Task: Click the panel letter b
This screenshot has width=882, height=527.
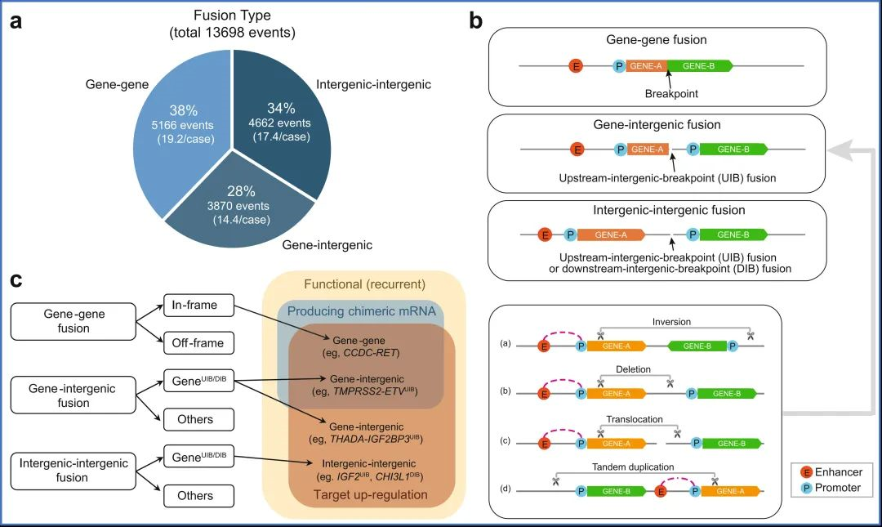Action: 475,21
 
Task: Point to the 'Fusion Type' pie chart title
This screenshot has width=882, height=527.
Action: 232,16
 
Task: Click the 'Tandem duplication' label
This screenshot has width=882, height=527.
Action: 634,467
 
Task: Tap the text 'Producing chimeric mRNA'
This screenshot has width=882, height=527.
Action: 364,312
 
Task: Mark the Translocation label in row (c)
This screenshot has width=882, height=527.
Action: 634,419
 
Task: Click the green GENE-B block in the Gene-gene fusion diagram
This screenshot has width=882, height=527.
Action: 699,65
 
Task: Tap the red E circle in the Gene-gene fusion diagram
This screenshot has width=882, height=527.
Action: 576,65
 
